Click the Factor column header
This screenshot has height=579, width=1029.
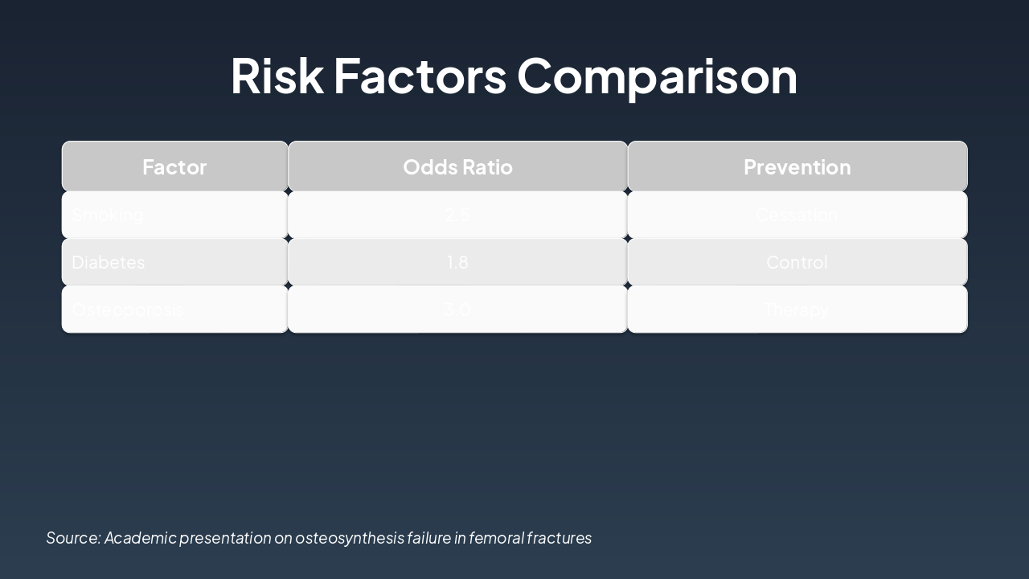pos(174,166)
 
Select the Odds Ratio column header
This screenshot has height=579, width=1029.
pos(457,166)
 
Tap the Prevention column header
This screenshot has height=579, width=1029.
pos(797,166)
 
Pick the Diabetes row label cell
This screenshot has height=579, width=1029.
pos(109,262)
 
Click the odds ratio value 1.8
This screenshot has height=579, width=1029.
pos(457,262)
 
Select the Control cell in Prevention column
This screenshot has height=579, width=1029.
pos(797,262)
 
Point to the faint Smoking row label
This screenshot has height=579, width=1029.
pos(108,215)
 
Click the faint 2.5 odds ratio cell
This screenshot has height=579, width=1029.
pos(457,215)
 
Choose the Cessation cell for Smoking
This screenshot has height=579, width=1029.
pos(797,215)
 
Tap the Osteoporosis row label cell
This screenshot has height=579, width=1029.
pos(127,310)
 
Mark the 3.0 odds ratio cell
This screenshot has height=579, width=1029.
pos(457,310)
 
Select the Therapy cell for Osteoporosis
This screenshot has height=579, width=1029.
pos(797,310)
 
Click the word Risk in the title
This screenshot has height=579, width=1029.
pos(277,76)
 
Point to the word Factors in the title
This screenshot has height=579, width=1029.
pos(420,76)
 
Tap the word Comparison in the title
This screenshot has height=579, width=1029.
pos(657,76)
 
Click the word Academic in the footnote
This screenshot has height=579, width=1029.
pos(140,538)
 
